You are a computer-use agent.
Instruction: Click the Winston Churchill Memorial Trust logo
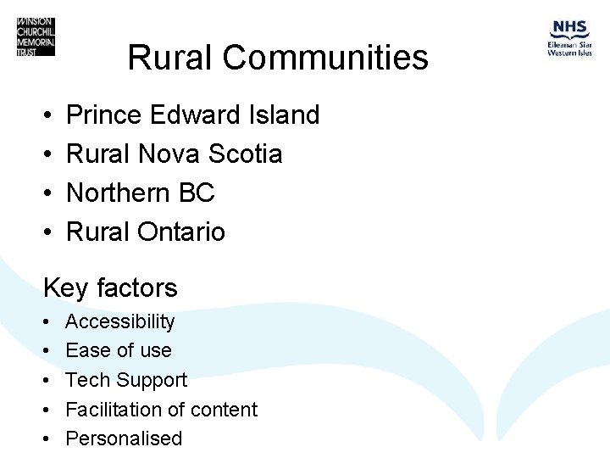36,37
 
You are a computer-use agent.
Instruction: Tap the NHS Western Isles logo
569,38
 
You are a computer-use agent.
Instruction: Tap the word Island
284,114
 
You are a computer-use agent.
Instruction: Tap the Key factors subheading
110,288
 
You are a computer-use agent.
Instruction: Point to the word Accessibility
119,322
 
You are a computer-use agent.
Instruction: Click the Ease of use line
118,350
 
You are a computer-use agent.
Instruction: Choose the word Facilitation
113,409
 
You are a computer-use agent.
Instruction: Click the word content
221,409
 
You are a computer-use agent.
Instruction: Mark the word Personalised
124,438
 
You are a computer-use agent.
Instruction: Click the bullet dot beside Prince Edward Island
47,115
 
